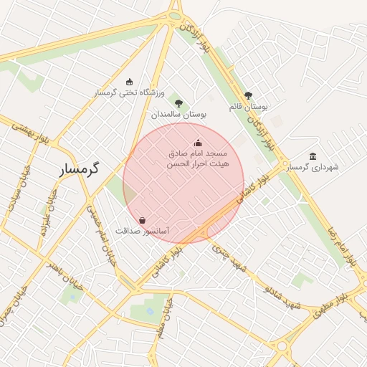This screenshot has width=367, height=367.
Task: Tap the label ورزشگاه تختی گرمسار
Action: tap(129, 93)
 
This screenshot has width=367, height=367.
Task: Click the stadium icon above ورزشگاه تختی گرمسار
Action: tap(129, 82)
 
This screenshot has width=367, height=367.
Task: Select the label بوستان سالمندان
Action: tap(178, 114)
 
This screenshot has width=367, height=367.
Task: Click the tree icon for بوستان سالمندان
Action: tap(178, 103)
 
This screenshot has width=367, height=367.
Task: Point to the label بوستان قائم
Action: tap(248, 106)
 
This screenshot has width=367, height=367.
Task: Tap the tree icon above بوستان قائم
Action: tap(248, 95)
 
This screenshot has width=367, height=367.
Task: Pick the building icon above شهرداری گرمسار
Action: tap(313, 156)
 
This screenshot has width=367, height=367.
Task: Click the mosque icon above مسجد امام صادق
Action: tap(198, 143)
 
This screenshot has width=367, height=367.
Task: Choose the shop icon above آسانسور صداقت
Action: tap(142, 220)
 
